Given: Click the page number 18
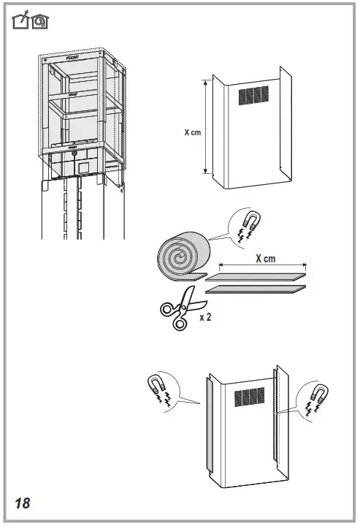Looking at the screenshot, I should [21, 503].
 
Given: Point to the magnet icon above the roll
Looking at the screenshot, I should [243, 222].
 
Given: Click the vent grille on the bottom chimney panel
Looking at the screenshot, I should [249, 397].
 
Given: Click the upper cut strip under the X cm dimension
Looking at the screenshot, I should [256, 276].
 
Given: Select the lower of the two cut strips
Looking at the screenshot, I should [256, 290].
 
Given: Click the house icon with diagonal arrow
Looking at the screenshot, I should [22, 22].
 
